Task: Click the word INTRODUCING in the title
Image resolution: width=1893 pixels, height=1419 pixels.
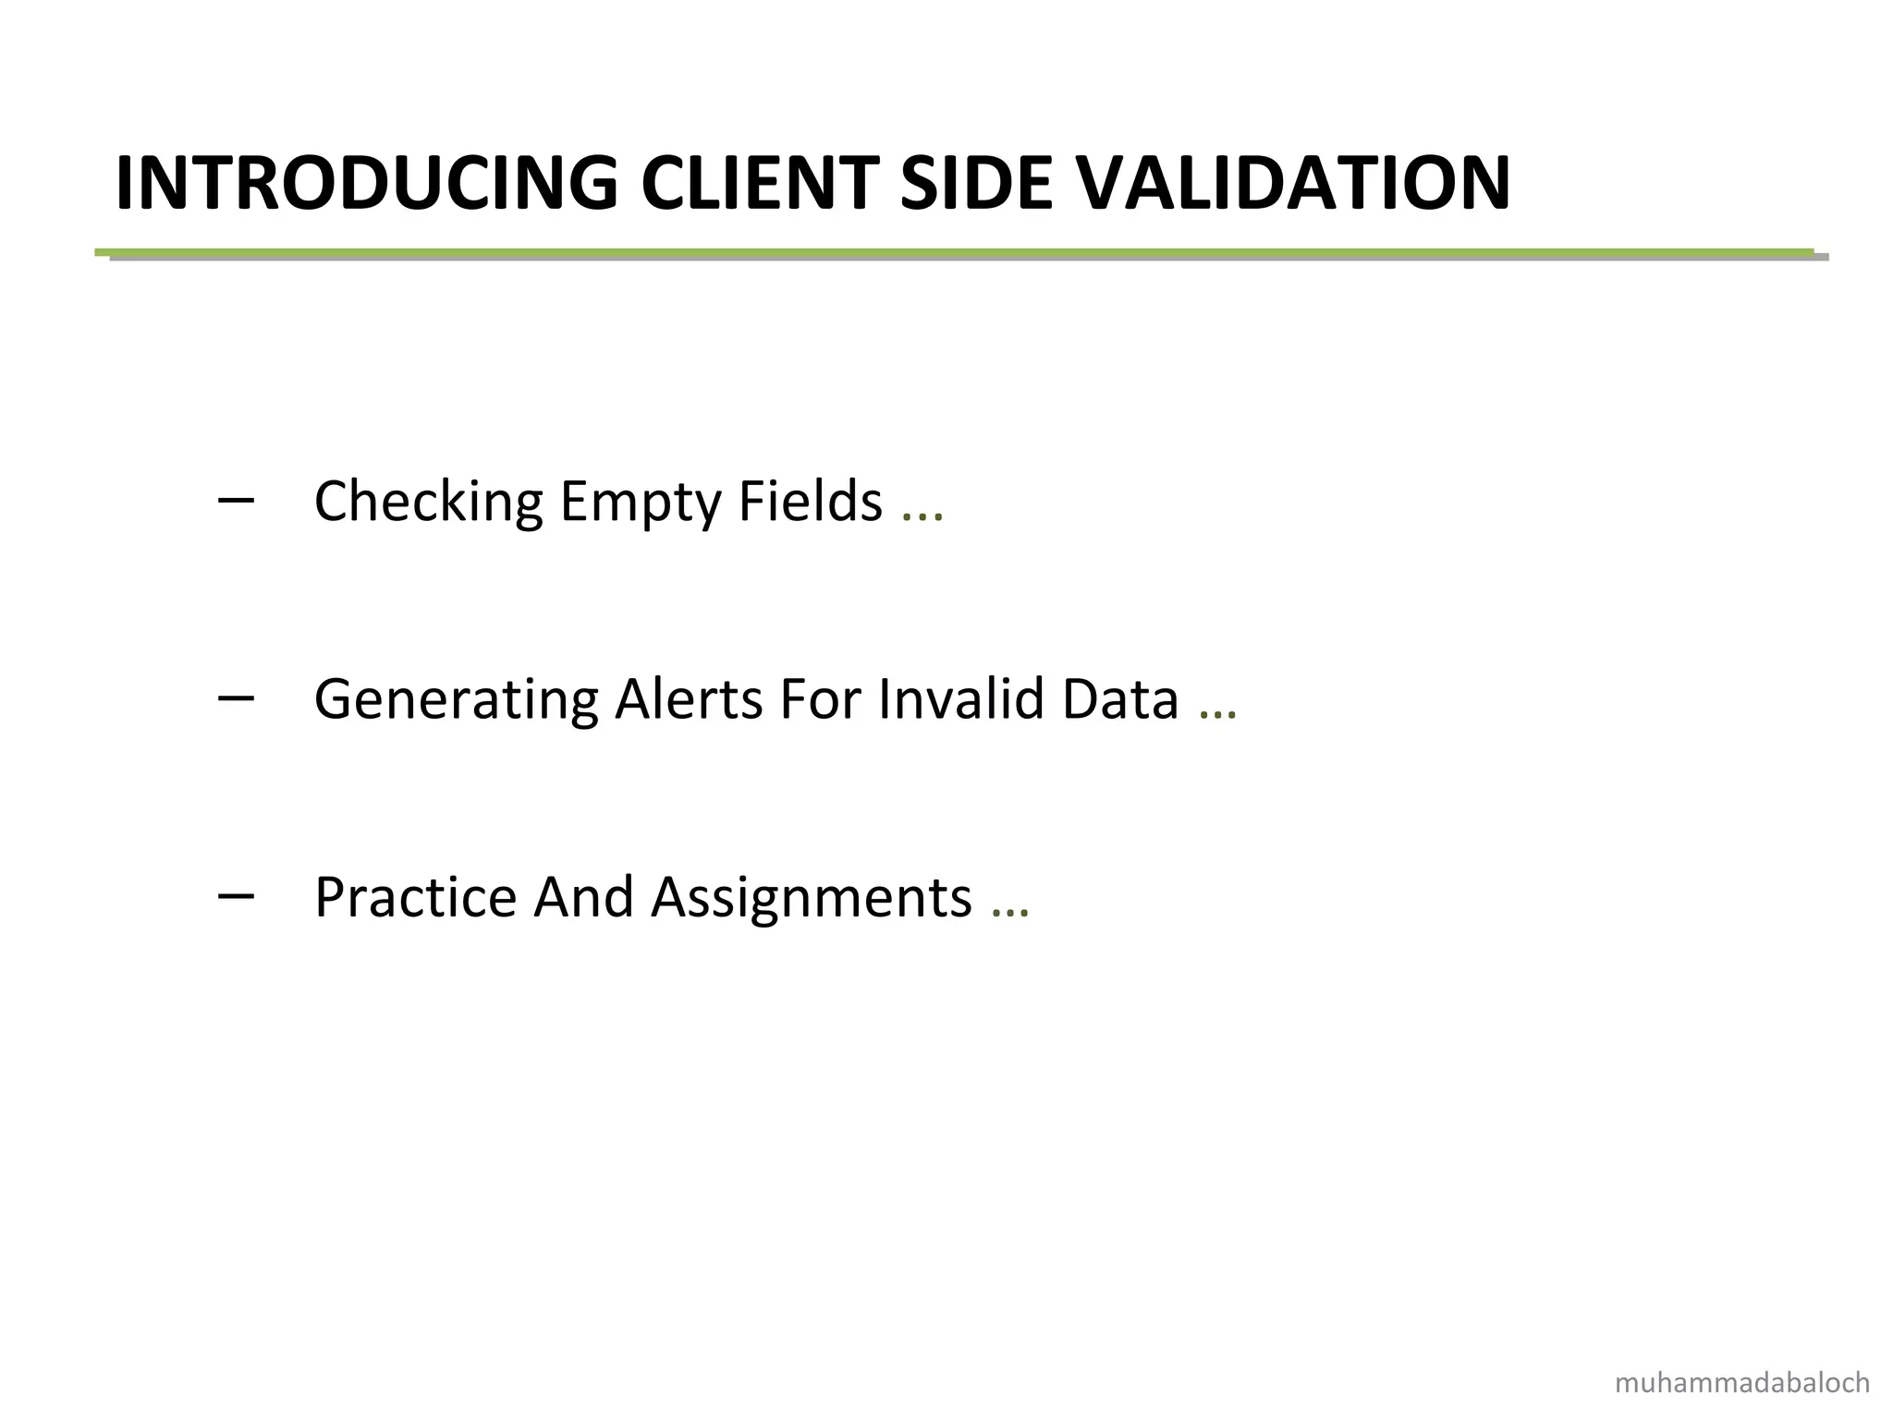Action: click(x=366, y=184)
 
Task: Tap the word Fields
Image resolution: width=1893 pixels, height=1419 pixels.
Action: click(x=810, y=501)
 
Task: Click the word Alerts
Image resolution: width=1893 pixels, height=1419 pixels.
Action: click(x=689, y=698)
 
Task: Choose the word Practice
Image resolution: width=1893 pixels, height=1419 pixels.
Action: click(x=415, y=897)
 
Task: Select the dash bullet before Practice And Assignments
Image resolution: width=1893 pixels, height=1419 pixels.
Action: click(x=236, y=895)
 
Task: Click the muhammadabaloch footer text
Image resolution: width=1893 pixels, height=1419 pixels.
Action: click(x=1742, y=1383)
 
